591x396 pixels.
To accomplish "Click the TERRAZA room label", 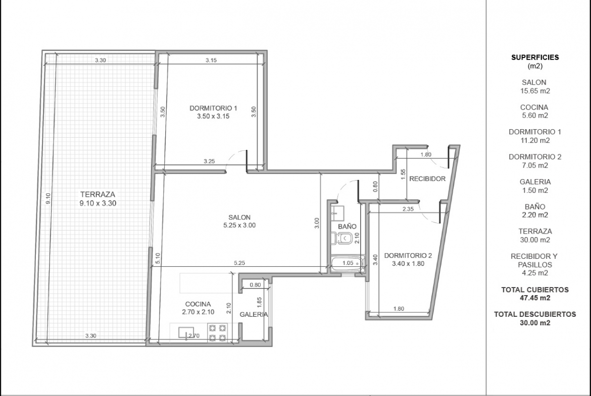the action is (x=97, y=195).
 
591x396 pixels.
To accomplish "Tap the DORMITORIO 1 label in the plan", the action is (x=213, y=108).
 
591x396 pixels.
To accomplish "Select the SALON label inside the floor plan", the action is (x=239, y=217).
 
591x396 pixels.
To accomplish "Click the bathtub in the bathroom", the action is (x=348, y=263).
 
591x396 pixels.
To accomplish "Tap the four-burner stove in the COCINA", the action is (x=218, y=333).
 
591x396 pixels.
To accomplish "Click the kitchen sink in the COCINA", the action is (x=186, y=333).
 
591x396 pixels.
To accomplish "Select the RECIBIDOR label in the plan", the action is (x=427, y=179).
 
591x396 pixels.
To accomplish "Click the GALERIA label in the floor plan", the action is (x=254, y=315).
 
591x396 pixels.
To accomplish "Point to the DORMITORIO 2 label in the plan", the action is (x=408, y=256).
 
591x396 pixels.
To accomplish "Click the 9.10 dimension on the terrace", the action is (x=48, y=198).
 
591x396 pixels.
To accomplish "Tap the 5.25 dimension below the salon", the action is (x=239, y=263).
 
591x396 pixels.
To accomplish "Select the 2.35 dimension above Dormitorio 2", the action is (x=408, y=209).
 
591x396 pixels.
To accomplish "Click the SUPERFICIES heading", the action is (x=535, y=58).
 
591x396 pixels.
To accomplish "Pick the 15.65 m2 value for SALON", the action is (x=535, y=91).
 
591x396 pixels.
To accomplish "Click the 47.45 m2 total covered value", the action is (x=535, y=298).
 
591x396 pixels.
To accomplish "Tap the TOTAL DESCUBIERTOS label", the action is (x=535, y=314).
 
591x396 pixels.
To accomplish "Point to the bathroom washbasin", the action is (x=337, y=213).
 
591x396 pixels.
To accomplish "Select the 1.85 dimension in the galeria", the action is (x=259, y=303).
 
